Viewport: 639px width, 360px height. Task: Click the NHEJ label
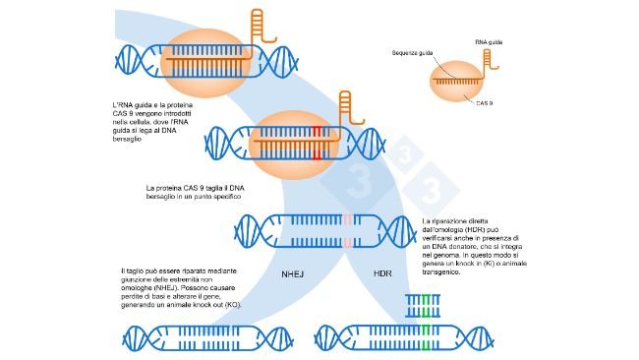(294, 274)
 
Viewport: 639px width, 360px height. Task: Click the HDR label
(385, 274)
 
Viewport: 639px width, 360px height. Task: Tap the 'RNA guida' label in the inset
(488, 43)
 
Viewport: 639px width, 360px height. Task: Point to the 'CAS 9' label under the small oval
(484, 102)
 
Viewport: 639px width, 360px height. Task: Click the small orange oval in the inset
(457, 83)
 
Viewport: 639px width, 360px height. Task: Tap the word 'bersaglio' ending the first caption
(130, 141)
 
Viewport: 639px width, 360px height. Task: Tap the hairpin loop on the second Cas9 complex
(346, 101)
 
